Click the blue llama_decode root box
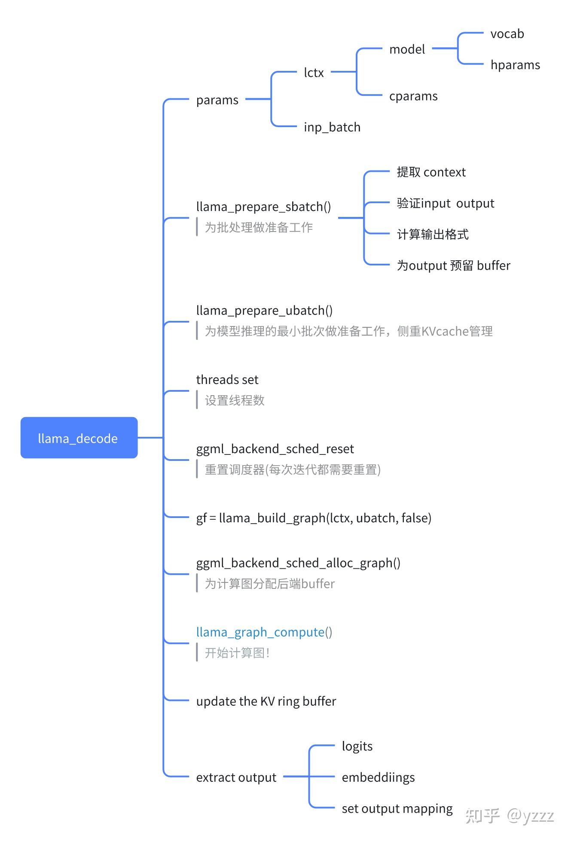[79, 438]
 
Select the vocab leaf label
[507, 34]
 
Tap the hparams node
[515, 65]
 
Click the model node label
[407, 49]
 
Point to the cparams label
[413, 96]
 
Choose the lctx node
[314, 73]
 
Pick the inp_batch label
[332, 127]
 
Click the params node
[217, 100]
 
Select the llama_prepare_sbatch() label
[263, 207]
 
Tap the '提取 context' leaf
[431, 172]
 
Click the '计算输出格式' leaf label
[433, 235]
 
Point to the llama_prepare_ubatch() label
[264, 311]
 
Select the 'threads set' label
[227, 380]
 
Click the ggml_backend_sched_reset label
[275, 449]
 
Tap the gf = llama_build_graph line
[314, 518]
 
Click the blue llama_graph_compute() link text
[264, 632]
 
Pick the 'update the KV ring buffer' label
[266, 701]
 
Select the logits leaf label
[357, 747]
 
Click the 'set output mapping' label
[397, 809]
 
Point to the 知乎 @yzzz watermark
[510, 815]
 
